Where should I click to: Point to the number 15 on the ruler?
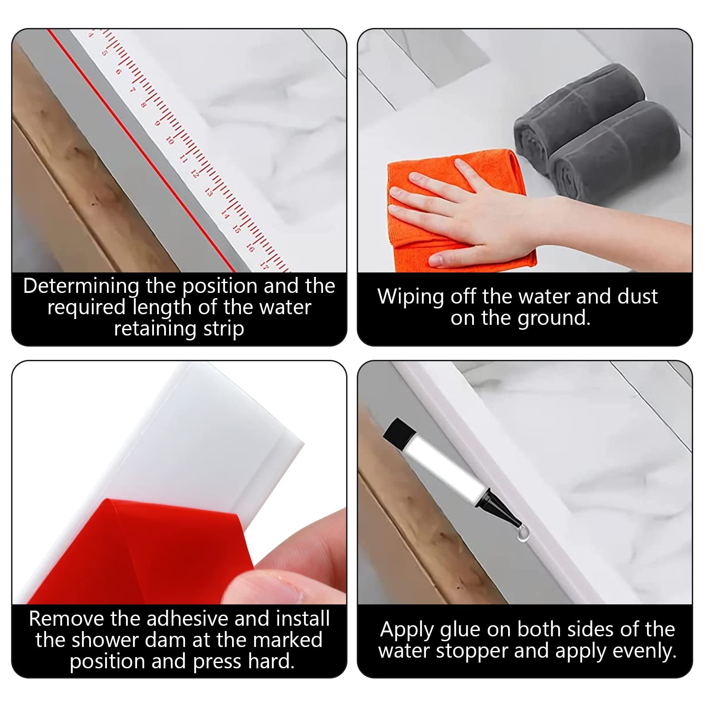click(237, 229)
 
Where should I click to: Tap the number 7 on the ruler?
click(132, 90)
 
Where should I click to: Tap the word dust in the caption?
click(638, 296)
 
